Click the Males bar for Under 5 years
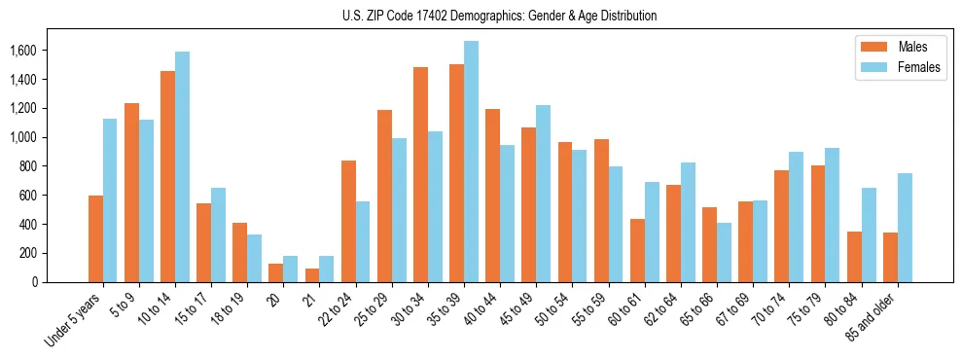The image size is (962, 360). [x=95, y=238]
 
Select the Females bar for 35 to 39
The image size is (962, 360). [x=471, y=162]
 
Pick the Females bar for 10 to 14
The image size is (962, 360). [x=182, y=166]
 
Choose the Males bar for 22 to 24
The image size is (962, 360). [x=348, y=221]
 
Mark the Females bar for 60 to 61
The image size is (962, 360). [x=652, y=232]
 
